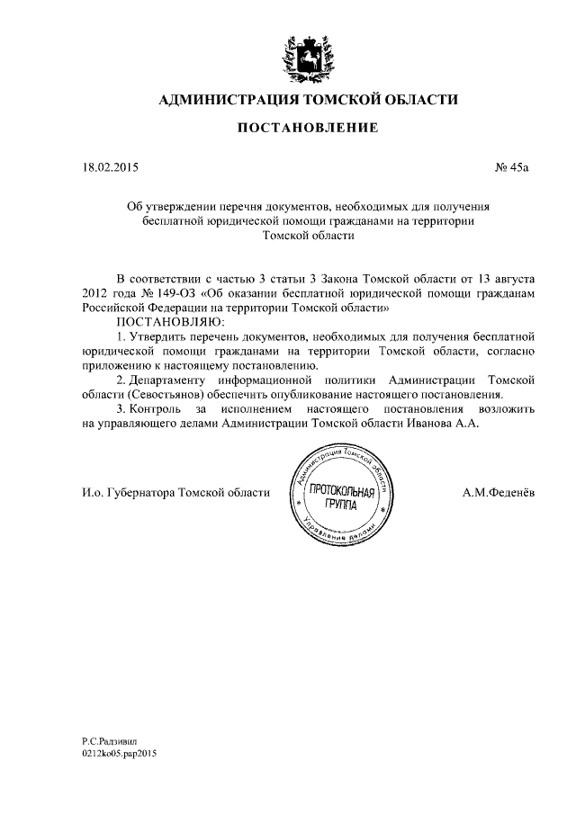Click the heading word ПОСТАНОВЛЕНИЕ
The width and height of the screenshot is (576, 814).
307,130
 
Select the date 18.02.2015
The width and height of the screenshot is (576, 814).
104,167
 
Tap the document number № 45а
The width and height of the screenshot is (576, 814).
514,167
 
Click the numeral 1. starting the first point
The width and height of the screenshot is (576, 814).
121,335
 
